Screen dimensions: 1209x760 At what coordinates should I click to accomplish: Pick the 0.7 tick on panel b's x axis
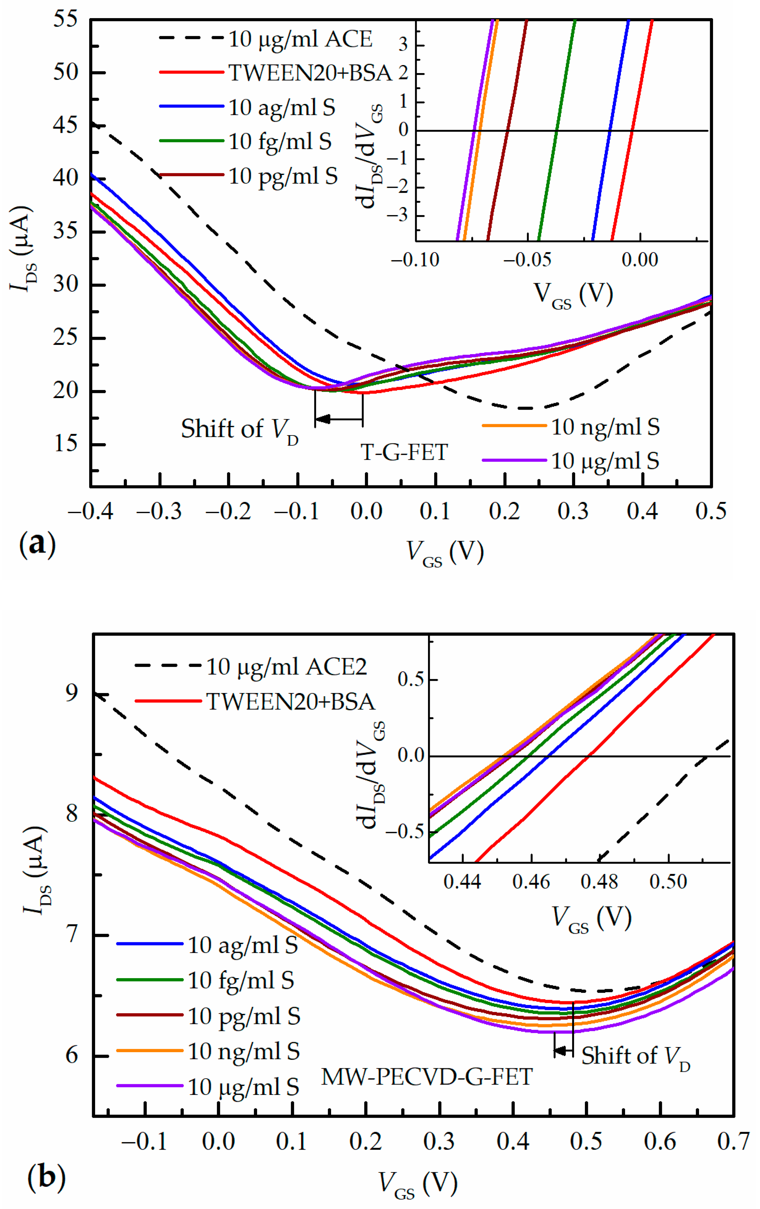733,1141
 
